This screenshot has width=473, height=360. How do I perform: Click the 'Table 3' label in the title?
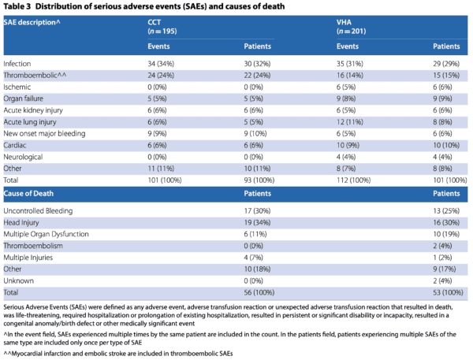point(19,7)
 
